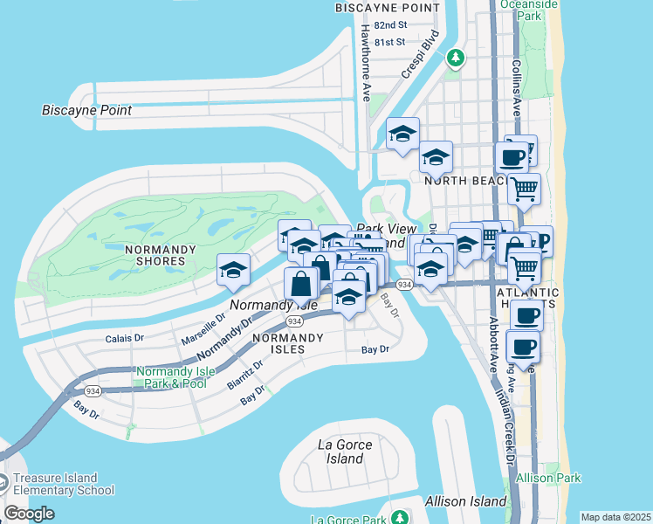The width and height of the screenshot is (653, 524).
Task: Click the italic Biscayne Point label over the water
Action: [86, 110]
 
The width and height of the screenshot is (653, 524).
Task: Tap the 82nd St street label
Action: [388, 25]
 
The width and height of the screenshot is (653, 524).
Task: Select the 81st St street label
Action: [388, 41]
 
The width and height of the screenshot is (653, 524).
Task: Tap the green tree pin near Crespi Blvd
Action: [454, 58]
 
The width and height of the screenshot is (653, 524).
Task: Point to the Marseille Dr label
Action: [203, 327]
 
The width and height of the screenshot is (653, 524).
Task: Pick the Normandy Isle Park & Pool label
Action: [171, 377]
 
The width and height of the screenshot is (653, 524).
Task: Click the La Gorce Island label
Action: [345, 452]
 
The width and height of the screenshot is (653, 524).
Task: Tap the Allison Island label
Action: [465, 501]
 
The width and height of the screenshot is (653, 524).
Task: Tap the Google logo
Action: [29, 514]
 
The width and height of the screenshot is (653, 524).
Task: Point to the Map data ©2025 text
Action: [615, 517]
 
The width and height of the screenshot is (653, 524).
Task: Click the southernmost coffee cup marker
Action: [524, 347]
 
